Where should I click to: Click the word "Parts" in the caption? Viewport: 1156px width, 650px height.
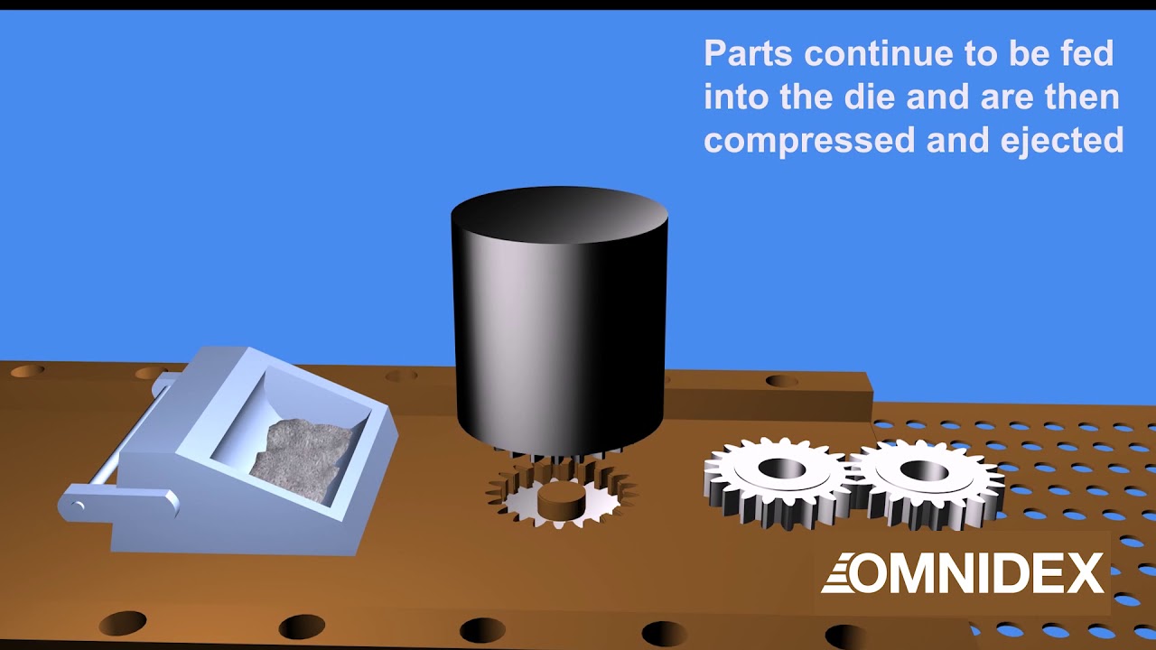(x=748, y=54)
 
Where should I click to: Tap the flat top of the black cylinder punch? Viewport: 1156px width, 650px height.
(x=559, y=214)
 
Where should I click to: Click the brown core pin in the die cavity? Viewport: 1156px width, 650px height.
(x=561, y=501)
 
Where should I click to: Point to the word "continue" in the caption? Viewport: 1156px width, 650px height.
(x=879, y=54)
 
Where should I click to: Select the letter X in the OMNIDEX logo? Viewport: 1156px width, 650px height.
(x=1082, y=573)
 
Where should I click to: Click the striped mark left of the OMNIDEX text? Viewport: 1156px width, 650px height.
(x=839, y=573)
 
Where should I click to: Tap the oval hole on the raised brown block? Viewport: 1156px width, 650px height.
(x=782, y=381)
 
